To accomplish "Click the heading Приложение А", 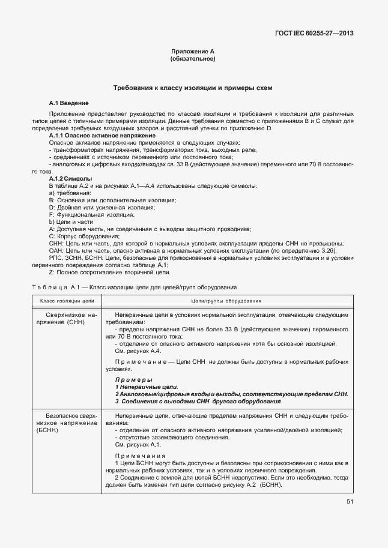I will pos(193,52).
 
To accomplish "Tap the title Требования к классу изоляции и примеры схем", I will pos(193,88).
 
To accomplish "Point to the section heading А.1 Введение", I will pos(69,103).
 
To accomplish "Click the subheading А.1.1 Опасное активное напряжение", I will pos(102,136).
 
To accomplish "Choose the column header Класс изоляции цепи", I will pos(64,300).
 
